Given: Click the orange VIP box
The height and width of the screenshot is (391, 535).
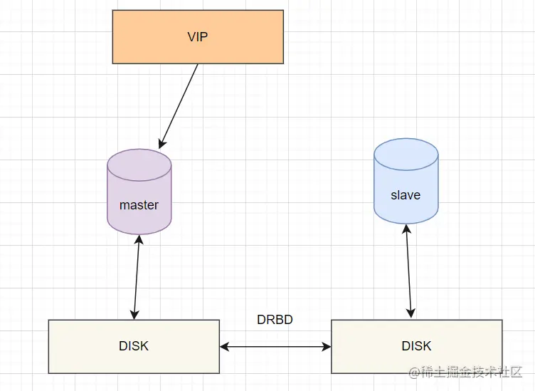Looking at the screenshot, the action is pyautogui.click(x=198, y=37).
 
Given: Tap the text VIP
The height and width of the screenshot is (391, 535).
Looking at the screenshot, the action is pyautogui.click(x=198, y=37).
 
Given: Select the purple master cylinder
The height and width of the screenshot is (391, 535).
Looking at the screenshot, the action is pyautogui.click(x=139, y=192).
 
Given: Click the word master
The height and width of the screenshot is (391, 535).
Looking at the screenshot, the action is pyautogui.click(x=139, y=205).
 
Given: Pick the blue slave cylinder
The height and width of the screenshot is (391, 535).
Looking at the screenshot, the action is pyautogui.click(x=406, y=181).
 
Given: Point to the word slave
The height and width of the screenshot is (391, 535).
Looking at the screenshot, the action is pyautogui.click(x=406, y=195).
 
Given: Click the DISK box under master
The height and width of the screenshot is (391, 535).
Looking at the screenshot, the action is pyautogui.click(x=134, y=347).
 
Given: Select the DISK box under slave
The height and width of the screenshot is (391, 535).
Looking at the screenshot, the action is pyautogui.click(x=417, y=347).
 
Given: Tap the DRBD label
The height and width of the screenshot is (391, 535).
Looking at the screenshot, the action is pyautogui.click(x=275, y=320).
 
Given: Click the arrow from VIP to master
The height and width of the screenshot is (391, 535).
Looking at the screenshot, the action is pyautogui.click(x=179, y=106).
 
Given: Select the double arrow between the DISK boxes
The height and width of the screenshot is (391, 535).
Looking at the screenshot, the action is pyautogui.click(x=275, y=347).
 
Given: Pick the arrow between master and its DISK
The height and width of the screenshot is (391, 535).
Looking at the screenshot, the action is pyautogui.click(x=137, y=277).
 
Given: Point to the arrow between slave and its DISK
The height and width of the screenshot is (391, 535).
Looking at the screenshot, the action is pyautogui.click(x=408, y=271).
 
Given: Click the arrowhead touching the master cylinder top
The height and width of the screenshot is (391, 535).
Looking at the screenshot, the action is pyautogui.click(x=161, y=144).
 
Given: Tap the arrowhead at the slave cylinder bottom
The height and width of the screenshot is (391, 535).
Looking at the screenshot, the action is pyautogui.click(x=406, y=229).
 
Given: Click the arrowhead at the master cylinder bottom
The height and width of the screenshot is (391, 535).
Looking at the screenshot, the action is pyautogui.click(x=139, y=239).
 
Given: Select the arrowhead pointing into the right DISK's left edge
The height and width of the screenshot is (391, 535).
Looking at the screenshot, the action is pyautogui.click(x=327, y=347).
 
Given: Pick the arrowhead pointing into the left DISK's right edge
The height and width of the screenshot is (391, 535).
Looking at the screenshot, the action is pyautogui.click(x=224, y=347).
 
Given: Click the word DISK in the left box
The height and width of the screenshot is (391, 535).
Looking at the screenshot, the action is pyautogui.click(x=134, y=346).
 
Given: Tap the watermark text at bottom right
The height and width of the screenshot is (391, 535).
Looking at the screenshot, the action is pyautogui.click(x=466, y=372).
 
